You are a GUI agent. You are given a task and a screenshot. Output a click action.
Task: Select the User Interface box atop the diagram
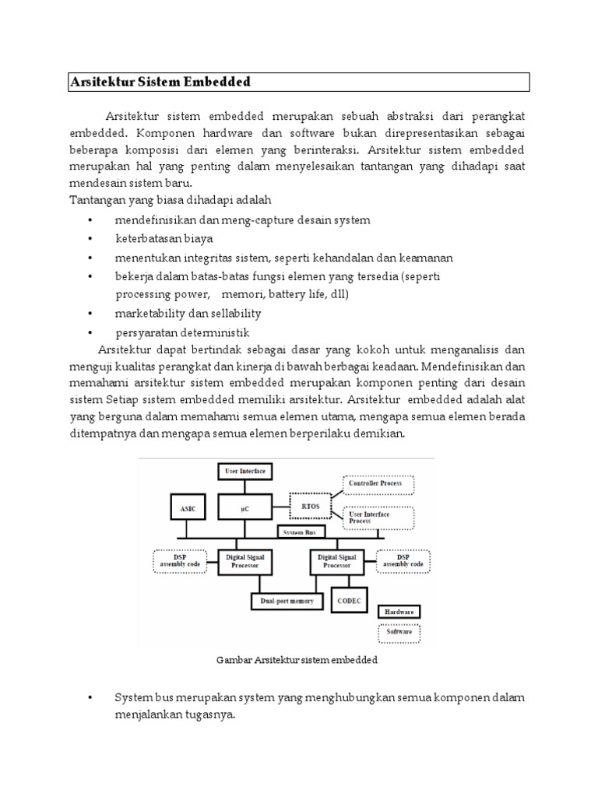(x=244, y=471)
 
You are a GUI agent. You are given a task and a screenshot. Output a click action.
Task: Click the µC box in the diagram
(x=244, y=508)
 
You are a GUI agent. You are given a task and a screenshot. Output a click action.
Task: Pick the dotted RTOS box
(x=309, y=506)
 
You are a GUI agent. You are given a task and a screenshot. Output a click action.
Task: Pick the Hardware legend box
(x=400, y=611)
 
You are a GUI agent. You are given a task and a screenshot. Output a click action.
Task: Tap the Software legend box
(x=400, y=631)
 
